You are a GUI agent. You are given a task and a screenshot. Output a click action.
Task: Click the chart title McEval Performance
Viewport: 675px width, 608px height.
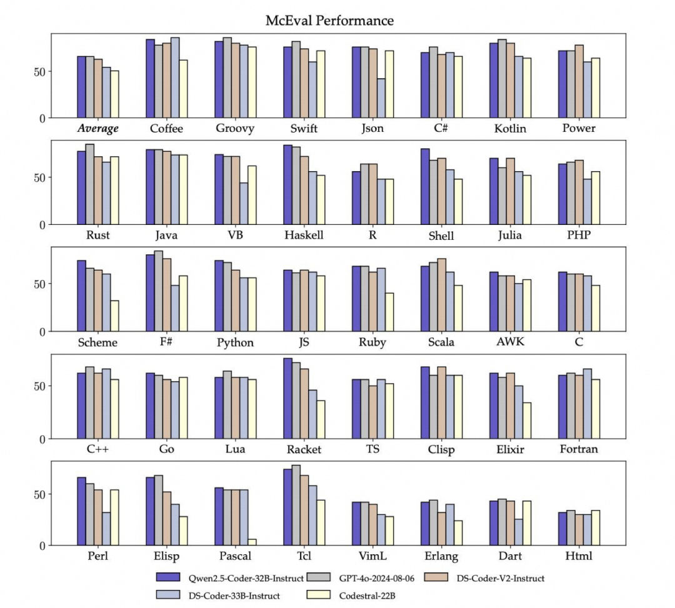[x=329, y=21]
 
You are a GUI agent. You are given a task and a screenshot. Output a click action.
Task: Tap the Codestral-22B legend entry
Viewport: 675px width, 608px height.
[x=351, y=596]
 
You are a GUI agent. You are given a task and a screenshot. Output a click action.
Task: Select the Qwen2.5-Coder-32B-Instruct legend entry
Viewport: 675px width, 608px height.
[x=230, y=578]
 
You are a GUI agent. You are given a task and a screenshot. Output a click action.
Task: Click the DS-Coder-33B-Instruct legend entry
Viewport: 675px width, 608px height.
[x=218, y=596]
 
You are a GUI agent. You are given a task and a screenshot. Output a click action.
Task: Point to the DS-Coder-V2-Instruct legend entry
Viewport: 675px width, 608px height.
[x=484, y=578]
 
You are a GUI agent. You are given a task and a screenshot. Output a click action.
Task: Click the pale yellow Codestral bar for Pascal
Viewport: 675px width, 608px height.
[x=252, y=542]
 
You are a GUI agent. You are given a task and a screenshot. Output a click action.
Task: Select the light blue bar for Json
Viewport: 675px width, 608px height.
[x=381, y=98]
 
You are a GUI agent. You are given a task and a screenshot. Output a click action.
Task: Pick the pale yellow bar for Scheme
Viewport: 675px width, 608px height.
[x=114, y=316]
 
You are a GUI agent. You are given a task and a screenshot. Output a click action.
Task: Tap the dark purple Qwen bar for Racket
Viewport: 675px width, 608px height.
[x=287, y=399]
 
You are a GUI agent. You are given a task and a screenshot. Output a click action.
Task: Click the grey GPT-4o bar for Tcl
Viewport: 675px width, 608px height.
[x=296, y=505]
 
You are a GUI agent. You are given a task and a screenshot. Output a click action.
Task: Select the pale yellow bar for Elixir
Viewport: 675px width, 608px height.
[x=527, y=421]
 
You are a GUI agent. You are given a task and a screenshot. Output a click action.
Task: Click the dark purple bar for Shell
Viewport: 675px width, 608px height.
[x=425, y=187]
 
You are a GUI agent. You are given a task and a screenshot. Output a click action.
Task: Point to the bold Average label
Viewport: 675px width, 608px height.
[x=97, y=128]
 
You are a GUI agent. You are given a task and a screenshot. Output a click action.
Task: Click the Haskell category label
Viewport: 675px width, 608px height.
[x=304, y=235]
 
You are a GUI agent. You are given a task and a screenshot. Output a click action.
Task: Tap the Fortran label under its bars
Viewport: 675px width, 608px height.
[x=579, y=449]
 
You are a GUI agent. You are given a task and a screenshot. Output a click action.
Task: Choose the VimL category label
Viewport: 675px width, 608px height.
[x=372, y=556]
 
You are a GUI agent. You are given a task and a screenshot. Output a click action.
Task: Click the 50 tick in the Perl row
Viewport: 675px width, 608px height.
[x=39, y=494]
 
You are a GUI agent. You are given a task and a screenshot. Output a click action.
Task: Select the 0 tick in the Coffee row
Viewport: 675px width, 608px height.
[x=42, y=118]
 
